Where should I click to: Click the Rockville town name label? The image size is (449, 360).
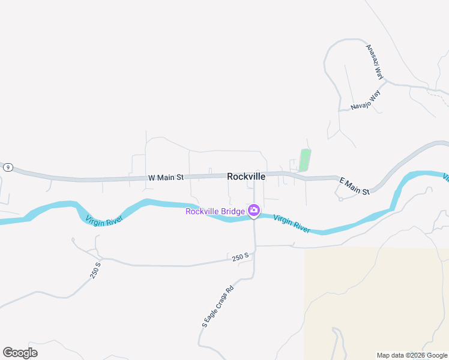(x=246, y=177)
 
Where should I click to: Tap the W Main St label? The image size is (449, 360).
(x=165, y=178)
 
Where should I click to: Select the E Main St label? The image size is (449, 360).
(x=354, y=185)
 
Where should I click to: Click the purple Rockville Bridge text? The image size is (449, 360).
(x=215, y=211)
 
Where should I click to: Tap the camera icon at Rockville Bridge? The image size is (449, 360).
(x=254, y=209)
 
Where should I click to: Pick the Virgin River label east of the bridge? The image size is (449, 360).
(x=292, y=223)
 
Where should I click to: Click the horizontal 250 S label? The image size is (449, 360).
(x=240, y=257)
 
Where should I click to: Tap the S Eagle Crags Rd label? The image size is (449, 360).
(x=217, y=306)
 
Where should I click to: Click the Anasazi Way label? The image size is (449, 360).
(x=375, y=61)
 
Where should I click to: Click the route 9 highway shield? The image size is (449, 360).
(x=7, y=167)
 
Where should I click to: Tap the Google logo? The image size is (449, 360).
(x=20, y=353)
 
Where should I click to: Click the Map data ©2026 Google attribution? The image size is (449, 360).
(x=412, y=355)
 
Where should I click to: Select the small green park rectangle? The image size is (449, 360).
(x=305, y=160)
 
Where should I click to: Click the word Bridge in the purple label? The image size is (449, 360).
(x=233, y=211)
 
